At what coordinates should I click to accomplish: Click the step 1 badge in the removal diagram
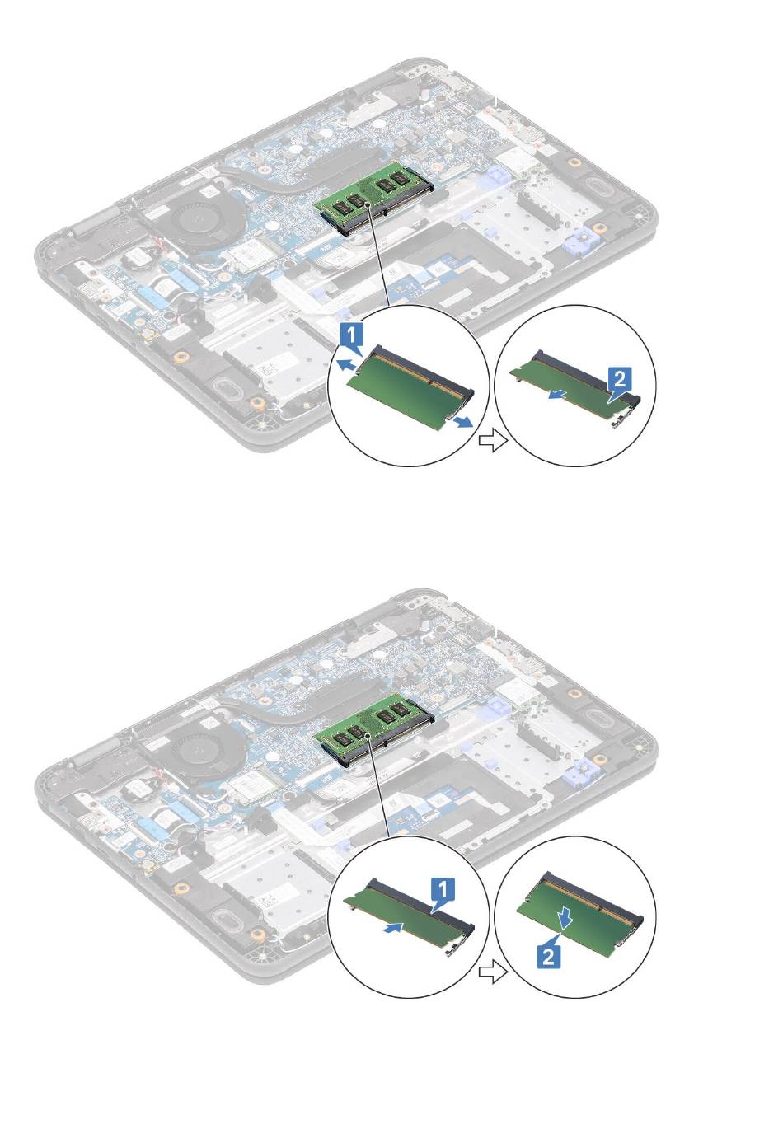pos(351,335)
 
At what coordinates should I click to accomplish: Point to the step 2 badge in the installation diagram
pos(548,953)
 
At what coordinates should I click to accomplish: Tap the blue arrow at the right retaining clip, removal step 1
pos(464,421)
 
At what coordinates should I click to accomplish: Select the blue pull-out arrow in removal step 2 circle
pos(559,394)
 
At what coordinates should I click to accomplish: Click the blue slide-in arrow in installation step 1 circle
pos(392,928)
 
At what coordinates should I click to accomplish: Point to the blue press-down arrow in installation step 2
pos(565,917)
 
